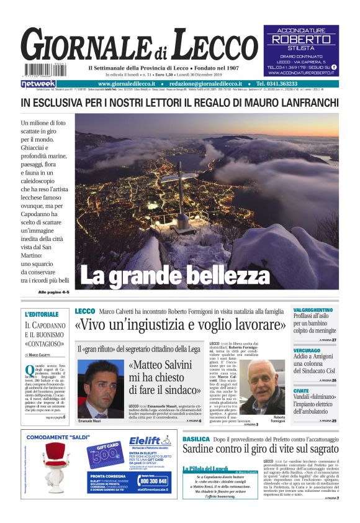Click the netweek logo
(38, 84)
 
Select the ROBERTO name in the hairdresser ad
(301, 39)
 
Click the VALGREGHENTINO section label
(317, 309)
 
